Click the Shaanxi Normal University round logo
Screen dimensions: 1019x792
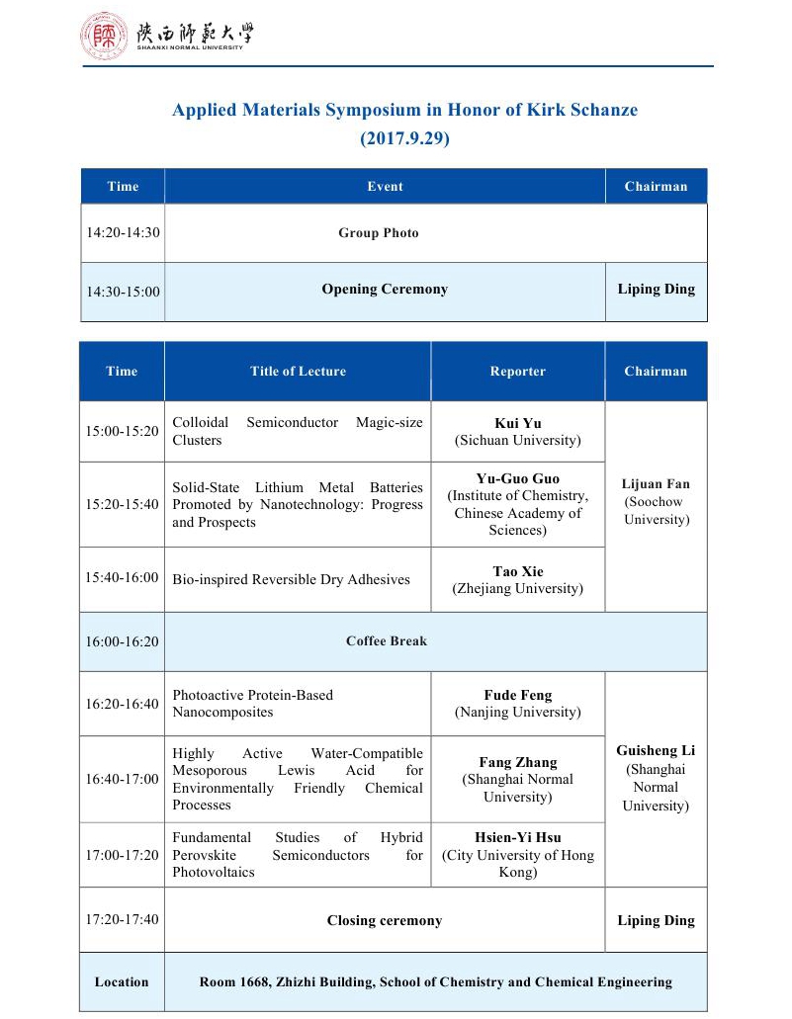(104, 36)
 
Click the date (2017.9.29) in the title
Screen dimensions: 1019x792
(404, 139)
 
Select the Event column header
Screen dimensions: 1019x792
(385, 186)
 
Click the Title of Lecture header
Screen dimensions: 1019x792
(298, 372)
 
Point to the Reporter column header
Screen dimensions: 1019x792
(517, 372)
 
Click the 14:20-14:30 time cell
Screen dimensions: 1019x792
(123, 233)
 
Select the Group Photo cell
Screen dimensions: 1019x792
(379, 233)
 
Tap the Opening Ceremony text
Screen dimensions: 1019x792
(385, 290)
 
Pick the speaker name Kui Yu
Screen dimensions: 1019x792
(517, 423)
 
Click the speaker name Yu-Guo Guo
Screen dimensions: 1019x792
(517, 478)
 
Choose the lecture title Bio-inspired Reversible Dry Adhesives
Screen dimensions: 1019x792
(291, 579)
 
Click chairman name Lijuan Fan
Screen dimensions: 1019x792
(656, 484)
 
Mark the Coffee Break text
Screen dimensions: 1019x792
(387, 641)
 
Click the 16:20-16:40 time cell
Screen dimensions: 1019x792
(123, 704)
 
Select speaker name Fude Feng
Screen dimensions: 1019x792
(517, 695)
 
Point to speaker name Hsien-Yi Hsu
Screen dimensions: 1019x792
(517, 838)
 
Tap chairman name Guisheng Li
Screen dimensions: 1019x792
(656, 751)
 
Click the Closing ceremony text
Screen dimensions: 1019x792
(385, 921)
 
